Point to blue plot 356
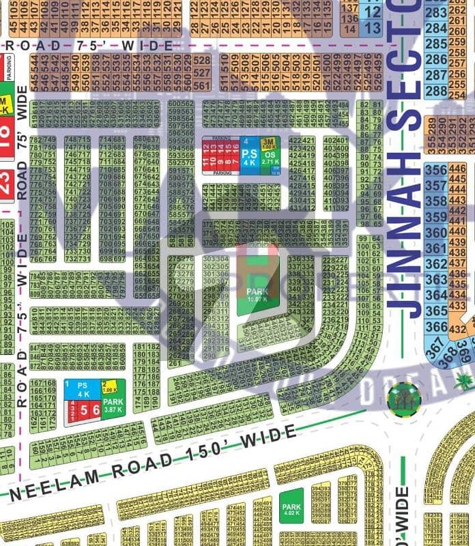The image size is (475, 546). [x=435, y=171]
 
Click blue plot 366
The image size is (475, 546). [x=435, y=328]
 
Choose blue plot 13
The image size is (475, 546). [x=373, y=28]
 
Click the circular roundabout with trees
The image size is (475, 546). [x=399, y=399]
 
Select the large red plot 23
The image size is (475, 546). [x=7, y=185]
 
